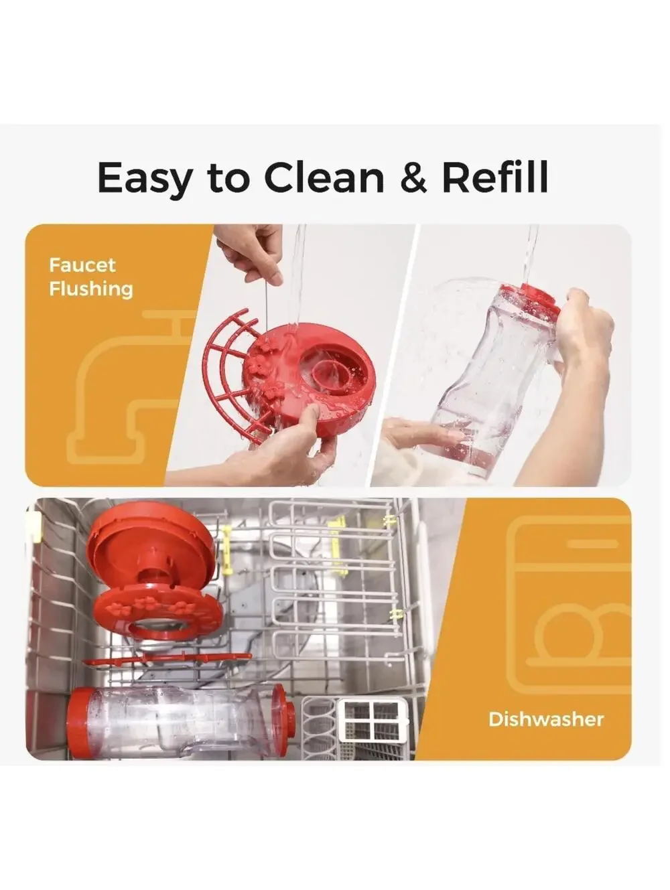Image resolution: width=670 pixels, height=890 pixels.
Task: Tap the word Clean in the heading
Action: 324,177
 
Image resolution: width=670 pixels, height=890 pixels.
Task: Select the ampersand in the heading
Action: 413,177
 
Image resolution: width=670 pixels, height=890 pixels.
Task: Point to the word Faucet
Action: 82,265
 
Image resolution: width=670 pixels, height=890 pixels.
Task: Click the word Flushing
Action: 91,289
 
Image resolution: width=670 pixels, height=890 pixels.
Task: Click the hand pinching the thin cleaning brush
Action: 250,250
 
